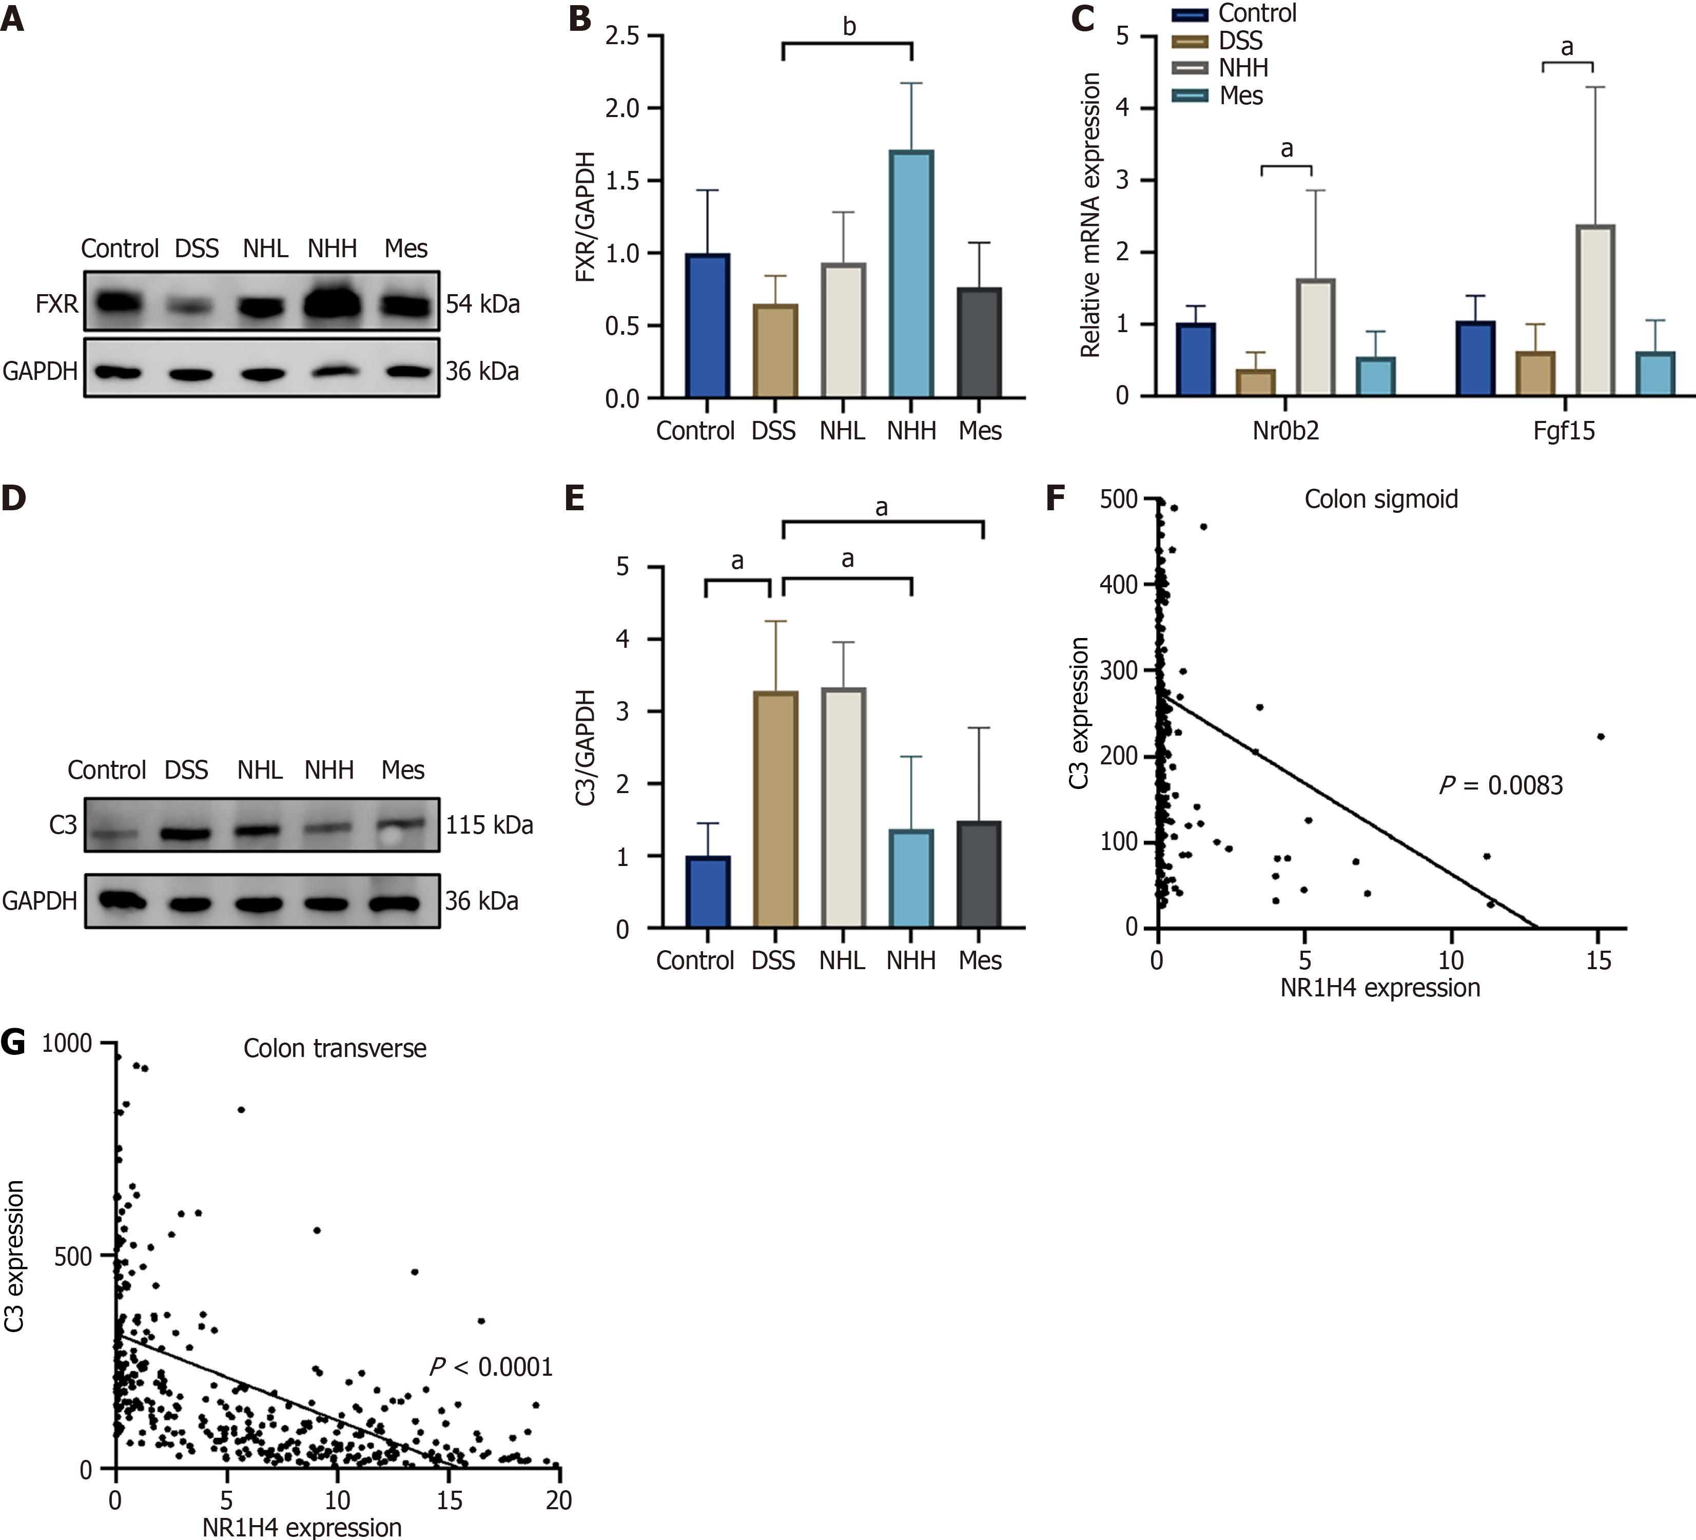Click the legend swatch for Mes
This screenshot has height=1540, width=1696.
point(1190,96)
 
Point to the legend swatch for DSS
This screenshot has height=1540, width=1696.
point(1190,41)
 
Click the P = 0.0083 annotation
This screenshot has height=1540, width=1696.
point(1502,785)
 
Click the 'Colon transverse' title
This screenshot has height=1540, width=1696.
point(335,1049)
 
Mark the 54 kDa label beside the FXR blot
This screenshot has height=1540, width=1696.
point(483,304)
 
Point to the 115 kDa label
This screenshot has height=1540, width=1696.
point(489,825)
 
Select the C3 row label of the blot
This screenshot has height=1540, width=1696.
point(63,825)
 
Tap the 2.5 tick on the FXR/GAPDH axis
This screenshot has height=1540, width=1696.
point(622,35)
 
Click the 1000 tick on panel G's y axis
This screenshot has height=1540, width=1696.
point(67,1044)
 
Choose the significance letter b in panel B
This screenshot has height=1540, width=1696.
point(849,27)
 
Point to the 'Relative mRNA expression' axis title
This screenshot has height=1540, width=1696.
point(1090,215)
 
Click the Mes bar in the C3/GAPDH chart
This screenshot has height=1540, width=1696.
point(980,875)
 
